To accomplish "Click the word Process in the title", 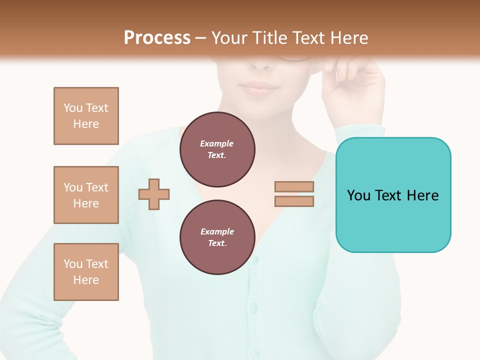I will [x=157, y=38].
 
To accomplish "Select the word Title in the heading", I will [x=270, y=38].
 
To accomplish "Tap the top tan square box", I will [x=86, y=116].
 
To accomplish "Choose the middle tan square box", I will [x=86, y=195].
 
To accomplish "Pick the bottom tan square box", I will [x=86, y=272].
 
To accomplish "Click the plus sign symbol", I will [x=154, y=194].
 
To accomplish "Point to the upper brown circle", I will [x=217, y=149].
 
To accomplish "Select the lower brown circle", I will [x=217, y=237].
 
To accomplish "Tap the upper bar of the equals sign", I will [x=294, y=187].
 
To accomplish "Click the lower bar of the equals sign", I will [x=294, y=201].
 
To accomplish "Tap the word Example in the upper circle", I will [x=217, y=143].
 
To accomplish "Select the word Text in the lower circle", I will [x=216, y=243].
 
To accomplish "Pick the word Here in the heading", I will [x=348, y=38].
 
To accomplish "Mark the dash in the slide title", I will [x=200, y=38].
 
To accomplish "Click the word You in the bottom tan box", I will [x=73, y=264].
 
